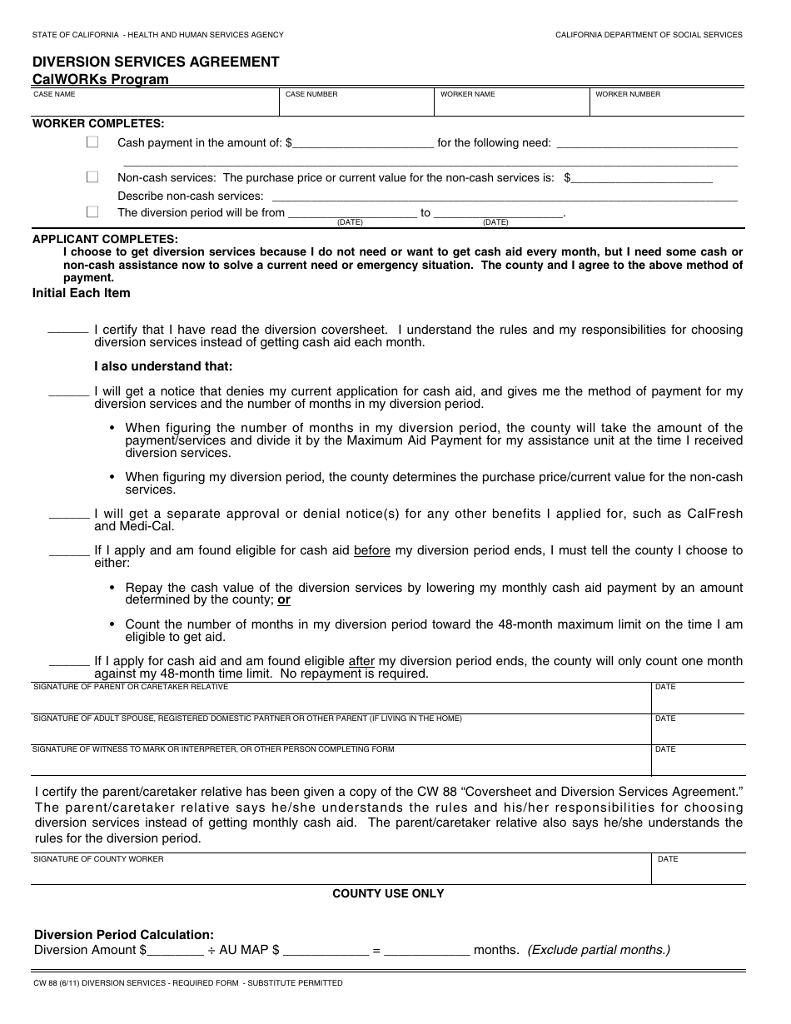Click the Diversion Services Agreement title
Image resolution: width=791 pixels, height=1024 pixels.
(x=156, y=62)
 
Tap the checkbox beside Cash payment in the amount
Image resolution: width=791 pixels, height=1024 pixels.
(x=92, y=142)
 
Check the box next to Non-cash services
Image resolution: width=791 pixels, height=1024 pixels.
(x=92, y=177)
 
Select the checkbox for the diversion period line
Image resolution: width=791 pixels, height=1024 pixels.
(x=92, y=212)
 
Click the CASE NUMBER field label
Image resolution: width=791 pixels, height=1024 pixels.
(x=311, y=95)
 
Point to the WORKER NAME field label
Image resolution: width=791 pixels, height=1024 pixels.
(x=467, y=95)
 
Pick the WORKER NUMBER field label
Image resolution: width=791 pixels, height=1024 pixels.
(x=628, y=95)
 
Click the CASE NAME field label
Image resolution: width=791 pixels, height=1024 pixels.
(x=54, y=95)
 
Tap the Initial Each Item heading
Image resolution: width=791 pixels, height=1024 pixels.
(x=81, y=293)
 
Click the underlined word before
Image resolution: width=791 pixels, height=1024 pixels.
(x=372, y=551)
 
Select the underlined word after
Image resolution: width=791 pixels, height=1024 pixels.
(x=361, y=661)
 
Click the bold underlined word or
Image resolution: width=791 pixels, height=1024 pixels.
(x=284, y=599)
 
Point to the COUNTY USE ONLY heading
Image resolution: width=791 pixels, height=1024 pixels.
(x=388, y=893)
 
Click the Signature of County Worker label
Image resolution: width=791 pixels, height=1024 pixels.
(x=98, y=859)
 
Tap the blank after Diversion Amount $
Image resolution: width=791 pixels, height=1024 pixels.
(x=176, y=950)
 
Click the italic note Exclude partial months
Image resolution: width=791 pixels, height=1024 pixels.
(x=599, y=950)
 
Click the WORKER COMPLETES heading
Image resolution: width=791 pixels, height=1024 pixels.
(x=98, y=124)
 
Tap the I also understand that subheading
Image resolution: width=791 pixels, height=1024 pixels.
(x=163, y=366)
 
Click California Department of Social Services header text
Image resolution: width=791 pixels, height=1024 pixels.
(x=649, y=35)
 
